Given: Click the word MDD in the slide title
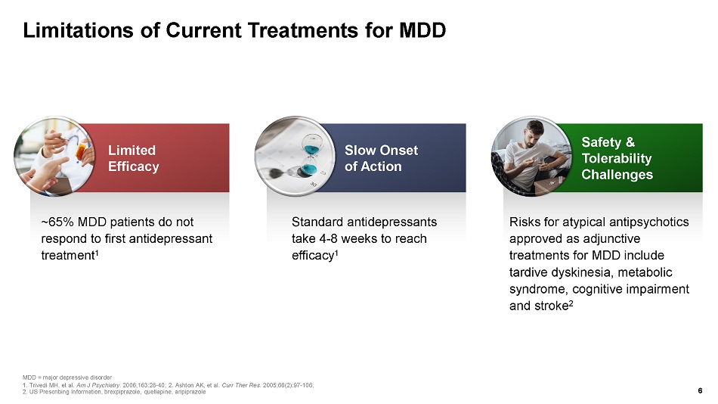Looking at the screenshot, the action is coord(422,31).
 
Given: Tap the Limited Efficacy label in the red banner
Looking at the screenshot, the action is coord(133,158).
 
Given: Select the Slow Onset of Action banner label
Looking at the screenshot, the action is coord(381,158).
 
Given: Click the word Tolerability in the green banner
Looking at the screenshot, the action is coord(616,158).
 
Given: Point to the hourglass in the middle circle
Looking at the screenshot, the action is coord(312,155).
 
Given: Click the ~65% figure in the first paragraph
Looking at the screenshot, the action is coord(57,222).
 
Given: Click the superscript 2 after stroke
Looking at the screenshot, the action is coord(571,303).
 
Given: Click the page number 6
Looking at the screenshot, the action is coord(700,390).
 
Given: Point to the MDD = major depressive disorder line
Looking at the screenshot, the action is coord(67,378).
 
